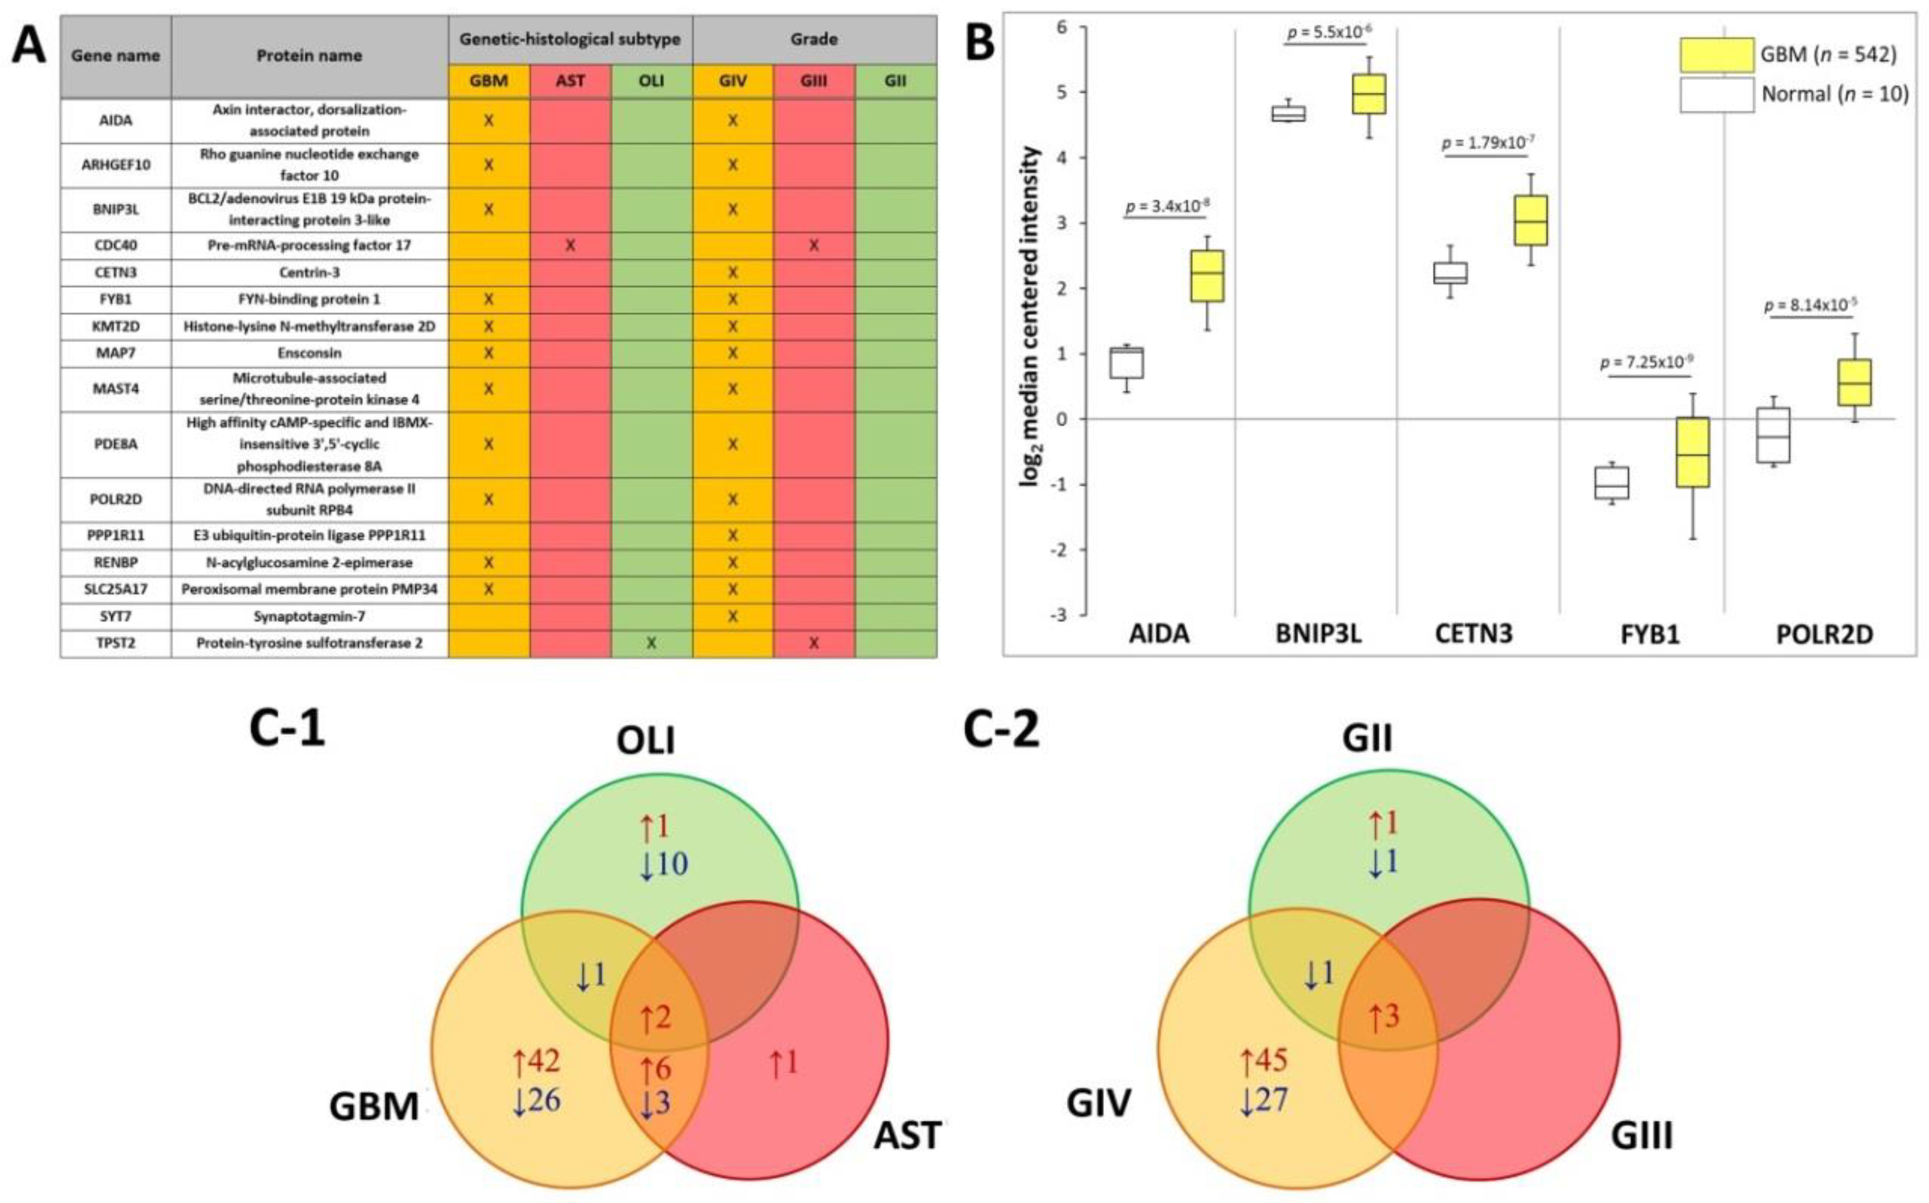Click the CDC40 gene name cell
point(116,245)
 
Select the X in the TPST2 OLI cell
point(651,643)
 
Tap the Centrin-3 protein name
point(310,272)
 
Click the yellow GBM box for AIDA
point(1207,275)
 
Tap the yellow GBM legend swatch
point(1716,55)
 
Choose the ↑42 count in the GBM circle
point(536,1060)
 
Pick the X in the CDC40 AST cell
point(570,245)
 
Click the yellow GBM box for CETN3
point(1530,221)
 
